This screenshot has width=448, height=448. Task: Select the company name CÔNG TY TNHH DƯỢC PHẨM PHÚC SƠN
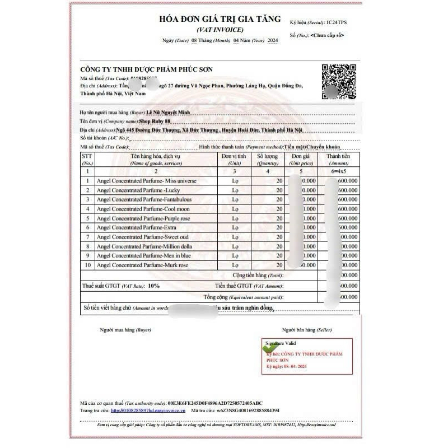coord(146,69)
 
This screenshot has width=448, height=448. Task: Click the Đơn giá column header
coord(300,160)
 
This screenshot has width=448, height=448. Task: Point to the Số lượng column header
coord(268,160)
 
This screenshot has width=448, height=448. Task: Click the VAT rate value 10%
coord(153,286)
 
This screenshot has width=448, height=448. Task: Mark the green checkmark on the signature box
coord(270,348)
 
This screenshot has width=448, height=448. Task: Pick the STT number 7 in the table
coord(88,237)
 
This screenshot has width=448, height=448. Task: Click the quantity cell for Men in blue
coord(268,256)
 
